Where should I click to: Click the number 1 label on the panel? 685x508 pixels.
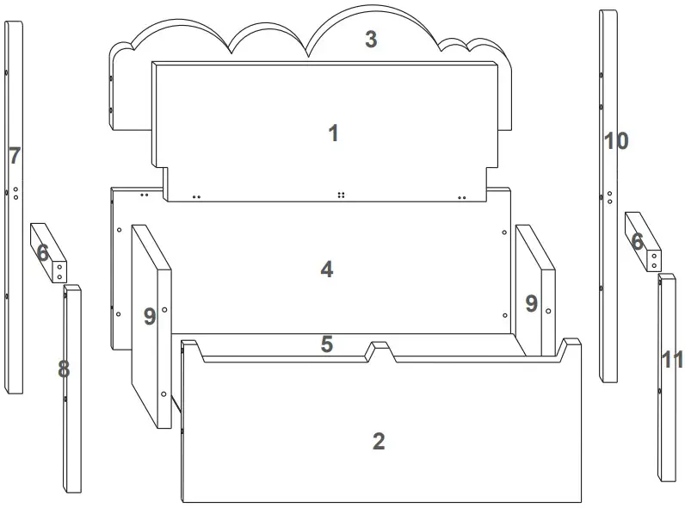click(x=333, y=133)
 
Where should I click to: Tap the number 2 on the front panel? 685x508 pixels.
click(x=379, y=442)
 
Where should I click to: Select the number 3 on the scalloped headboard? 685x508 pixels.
click(x=371, y=40)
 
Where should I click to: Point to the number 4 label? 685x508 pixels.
click(x=327, y=269)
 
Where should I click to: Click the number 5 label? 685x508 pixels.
click(x=327, y=344)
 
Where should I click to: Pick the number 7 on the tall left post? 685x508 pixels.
click(x=14, y=156)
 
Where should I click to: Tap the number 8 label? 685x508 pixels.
click(x=64, y=369)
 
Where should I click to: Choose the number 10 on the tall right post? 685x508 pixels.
click(x=616, y=140)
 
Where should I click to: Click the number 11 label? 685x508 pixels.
click(x=672, y=360)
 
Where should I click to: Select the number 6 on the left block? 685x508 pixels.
click(x=42, y=252)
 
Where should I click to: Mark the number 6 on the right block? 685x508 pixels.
click(x=637, y=242)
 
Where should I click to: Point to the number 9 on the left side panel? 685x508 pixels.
click(x=150, y=317)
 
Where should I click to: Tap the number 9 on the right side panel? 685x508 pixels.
click(x=532, y=303)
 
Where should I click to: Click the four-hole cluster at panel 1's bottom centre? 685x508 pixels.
click(x=342, y=195)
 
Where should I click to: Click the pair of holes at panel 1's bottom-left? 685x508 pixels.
click(x=197, y=197)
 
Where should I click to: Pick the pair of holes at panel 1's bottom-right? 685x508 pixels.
click(x=463, y=197)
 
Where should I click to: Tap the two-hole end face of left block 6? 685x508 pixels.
click(x=59, y=272)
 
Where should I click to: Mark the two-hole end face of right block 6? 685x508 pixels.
click(x=653, y=262)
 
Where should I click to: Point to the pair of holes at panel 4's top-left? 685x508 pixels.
click(x=144, y=195)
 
